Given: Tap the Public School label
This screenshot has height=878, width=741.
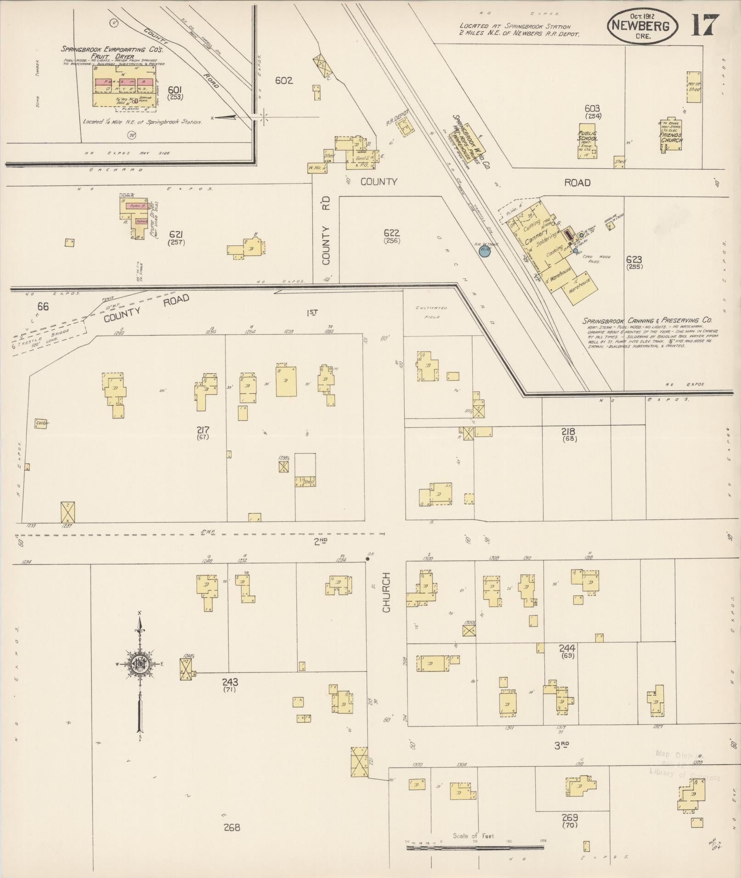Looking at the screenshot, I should (588, 135).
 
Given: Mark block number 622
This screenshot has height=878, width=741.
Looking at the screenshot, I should (392, 233).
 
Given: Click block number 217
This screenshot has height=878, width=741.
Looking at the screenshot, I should (203, 430).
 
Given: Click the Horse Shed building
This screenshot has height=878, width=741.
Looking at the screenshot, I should (694, 86).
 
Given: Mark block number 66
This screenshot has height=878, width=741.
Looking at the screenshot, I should (43, 306).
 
